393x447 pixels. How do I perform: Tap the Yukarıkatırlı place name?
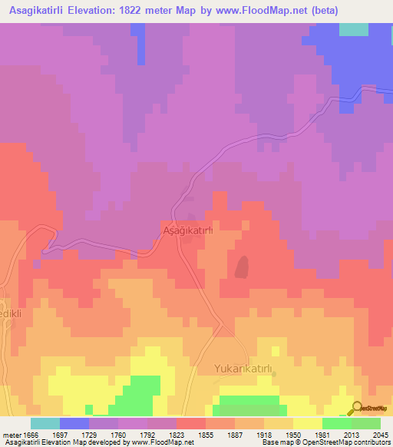pos(242,369)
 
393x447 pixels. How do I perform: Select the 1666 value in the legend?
pos(30,434)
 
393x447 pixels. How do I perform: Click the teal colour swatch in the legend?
pos(45,423)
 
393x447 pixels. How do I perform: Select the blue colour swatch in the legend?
pos(74,423)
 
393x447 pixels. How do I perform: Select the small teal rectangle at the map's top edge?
pos(352,29)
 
